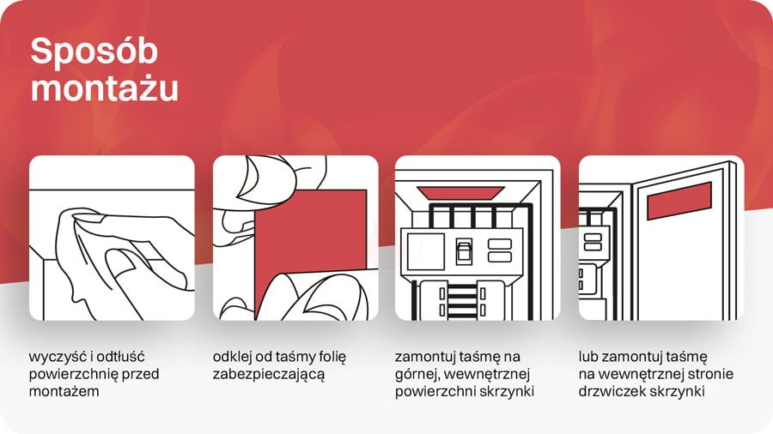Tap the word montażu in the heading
[x=105, y=87]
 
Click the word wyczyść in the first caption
[x=58, y=358]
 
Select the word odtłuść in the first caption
[x=119, y=356]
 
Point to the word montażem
[x=64, y=392]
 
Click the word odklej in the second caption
[x=232, y=357]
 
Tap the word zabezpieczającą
[x=269, y=375]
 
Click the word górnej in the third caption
[x=417, y=375]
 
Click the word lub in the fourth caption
[x=588, y=356]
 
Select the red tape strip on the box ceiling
[x=460, y=192]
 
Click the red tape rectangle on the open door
[x=679, y=201]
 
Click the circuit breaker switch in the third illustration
[x=464, y=251]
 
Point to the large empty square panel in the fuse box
[x=425, y=252]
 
